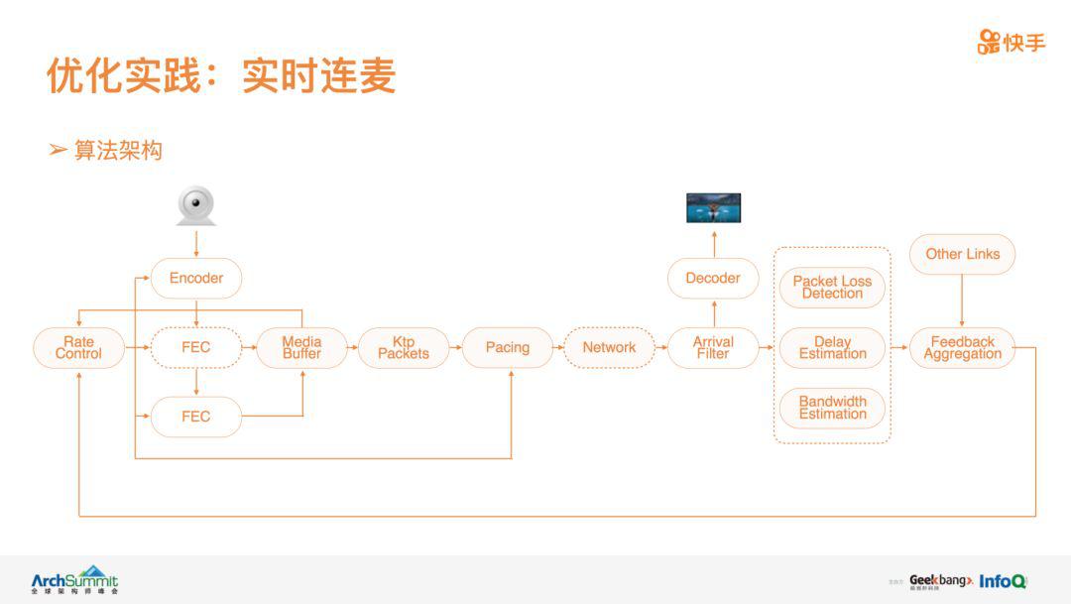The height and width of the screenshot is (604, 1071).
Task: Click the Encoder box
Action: tap(196, 278)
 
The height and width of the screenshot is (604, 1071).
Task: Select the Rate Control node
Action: tap(78, 347)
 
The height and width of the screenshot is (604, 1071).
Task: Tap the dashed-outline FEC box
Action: tap(196, 347)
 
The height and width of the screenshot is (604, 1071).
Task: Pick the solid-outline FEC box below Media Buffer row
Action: tap(196, 417)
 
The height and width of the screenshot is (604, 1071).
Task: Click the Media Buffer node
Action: tap(301, 347)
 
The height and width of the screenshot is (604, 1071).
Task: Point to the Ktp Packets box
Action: tap(404, 347)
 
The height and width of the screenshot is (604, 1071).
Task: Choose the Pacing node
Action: tap(508, 347)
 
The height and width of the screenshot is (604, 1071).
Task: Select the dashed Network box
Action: tap(609, 347)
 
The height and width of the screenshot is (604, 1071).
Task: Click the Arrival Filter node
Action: tap(713, 347)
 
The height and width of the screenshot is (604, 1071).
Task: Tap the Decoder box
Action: tap(713, 278)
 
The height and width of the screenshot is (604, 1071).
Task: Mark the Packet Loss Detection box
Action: tap(832, 287)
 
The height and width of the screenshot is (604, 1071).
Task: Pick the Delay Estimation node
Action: tap(832, 347)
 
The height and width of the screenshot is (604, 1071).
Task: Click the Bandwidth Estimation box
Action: tap(832, 408)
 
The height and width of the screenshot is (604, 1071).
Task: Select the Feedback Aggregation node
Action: tap(962, 347)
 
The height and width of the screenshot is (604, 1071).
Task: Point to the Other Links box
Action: tap(962, 254)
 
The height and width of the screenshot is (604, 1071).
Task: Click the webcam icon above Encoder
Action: tap(196, 206)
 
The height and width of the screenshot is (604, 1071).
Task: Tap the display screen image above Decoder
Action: tap(714, 207)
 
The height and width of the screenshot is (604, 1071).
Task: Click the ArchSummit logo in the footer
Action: tap(74, 579)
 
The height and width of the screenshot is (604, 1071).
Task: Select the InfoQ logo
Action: tap(1003, 581)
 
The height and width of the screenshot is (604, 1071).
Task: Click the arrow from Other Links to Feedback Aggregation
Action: tap(962, 300)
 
